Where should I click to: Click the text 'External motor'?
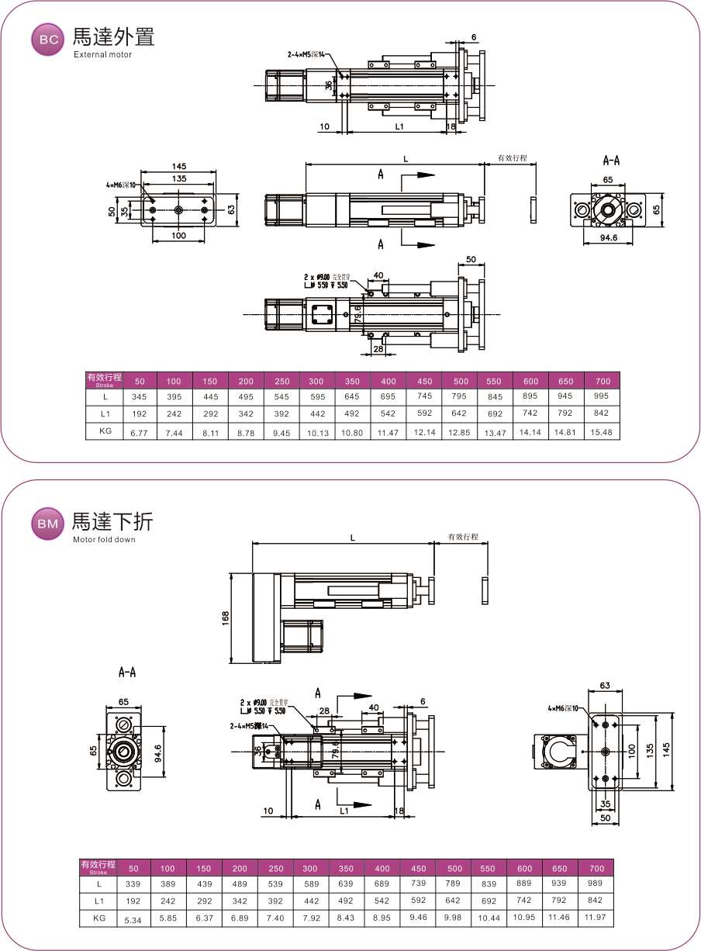coord(102,55)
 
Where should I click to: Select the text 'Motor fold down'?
coord(103,539)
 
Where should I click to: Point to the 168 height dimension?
coord(225,618)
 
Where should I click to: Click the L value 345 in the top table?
coord(140,396)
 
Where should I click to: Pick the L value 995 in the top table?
coord(603,396)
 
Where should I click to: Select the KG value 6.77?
coord(140,431)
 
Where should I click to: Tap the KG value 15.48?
coord(603,431)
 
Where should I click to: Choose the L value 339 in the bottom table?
coord(133,884)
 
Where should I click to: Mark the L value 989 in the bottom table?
coord(596,884)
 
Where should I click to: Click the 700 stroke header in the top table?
coord(603,381)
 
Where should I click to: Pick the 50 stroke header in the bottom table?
coord(133,868)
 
